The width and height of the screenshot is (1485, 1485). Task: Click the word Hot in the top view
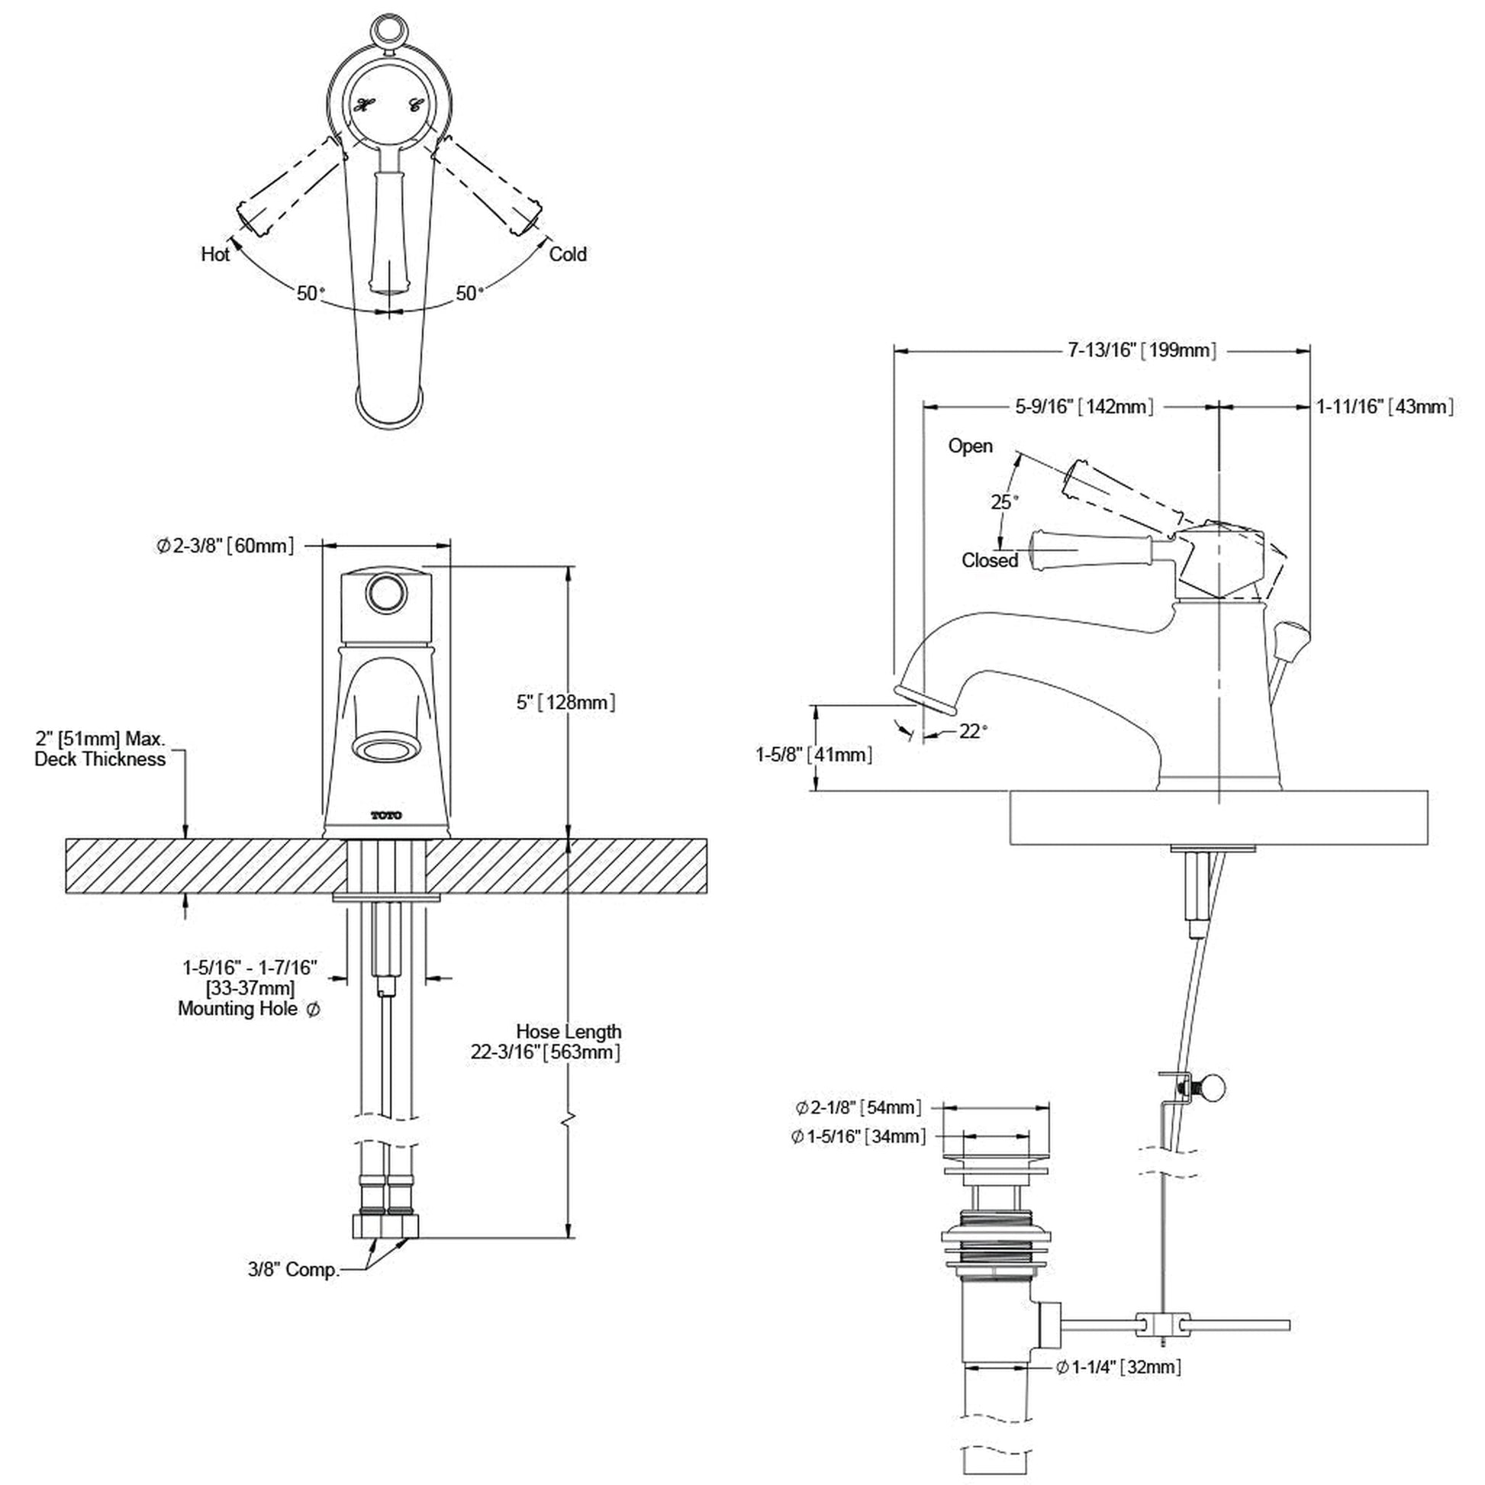[x=215, y=254]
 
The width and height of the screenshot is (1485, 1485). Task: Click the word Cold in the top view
[x=567, y=254]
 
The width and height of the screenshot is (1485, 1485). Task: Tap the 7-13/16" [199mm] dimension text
[x=1142, y=350]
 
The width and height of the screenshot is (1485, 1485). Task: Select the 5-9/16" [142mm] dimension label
[x=1084, y=407]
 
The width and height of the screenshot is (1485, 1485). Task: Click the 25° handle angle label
[x=1003, y=502]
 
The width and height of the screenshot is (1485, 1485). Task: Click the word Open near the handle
[x=970, y=446]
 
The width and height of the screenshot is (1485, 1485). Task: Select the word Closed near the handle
[x=989, y=560]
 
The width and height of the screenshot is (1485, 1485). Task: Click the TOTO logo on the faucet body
[x=387, y=816]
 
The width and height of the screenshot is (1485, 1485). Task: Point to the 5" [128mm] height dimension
[x=565, y=702]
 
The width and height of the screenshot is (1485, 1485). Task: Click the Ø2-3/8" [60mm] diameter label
[x=224, y=546]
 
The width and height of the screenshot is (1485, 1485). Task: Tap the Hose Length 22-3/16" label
[x=546, y=1042]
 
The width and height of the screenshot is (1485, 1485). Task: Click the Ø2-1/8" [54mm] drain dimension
[x=858, y=1107]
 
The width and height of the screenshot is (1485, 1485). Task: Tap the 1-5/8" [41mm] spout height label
[x=813, y=754]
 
